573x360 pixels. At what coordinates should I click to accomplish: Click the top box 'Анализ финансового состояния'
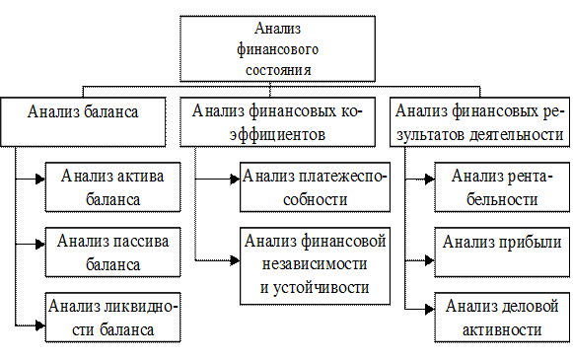point(283,49)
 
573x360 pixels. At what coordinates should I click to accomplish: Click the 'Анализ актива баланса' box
point(111,187)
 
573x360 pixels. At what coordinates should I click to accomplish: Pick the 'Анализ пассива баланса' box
point(111,252)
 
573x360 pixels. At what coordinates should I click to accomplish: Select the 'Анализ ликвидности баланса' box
point(111,318)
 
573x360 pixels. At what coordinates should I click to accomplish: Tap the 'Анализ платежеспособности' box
point(313,187)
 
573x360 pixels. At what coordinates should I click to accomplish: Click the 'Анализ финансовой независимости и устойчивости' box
point(313,263)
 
